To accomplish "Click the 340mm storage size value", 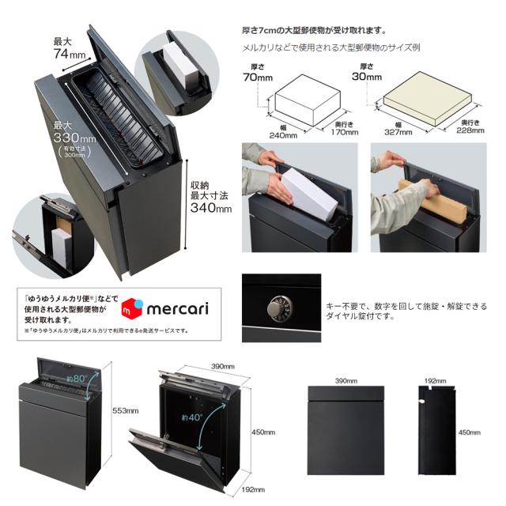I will pos(210,209).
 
